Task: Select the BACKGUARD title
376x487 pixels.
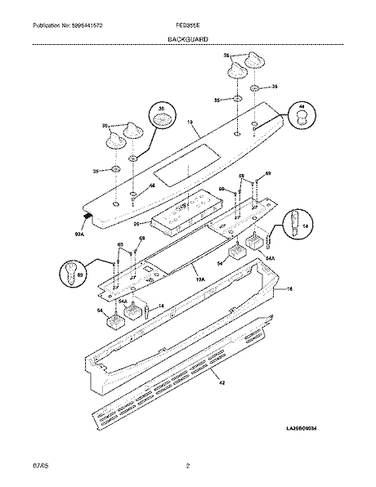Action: (187, 38)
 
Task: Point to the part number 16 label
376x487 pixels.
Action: (285, 289)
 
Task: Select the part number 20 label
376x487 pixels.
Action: (136, 225)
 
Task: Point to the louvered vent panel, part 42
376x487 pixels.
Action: (180, 384)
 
